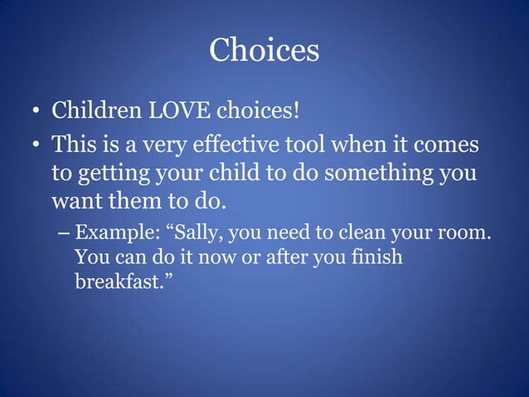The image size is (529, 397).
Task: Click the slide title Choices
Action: click(264, 50)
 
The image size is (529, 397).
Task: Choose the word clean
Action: click(360, 232)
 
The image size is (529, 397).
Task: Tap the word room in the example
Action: click(464, 232)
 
